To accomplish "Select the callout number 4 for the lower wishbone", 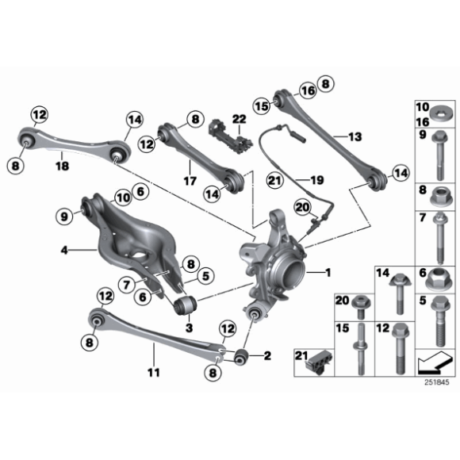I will click(x=64, y=251).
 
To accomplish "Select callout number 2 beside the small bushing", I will click(x=267, y=356).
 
